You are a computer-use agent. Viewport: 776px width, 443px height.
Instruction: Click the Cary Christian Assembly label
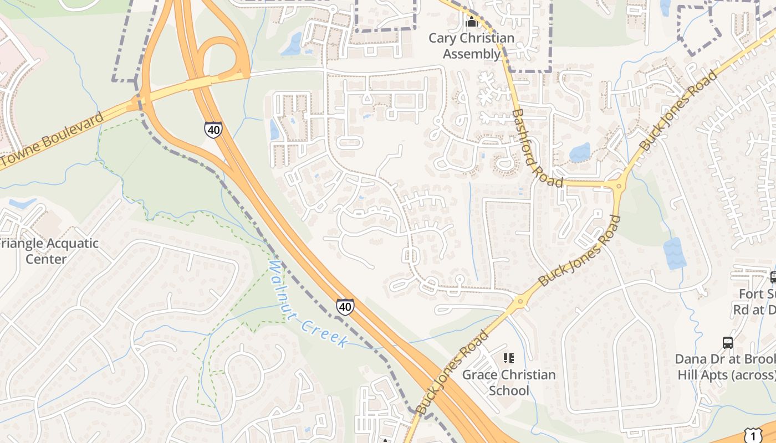(x=472, y=47)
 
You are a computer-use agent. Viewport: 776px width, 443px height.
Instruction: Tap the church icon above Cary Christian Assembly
(x=472, y=22)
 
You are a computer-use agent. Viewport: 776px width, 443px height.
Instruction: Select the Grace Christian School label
(x=509, y=383)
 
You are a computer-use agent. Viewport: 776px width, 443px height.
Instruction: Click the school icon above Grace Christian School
(x=508, y=358)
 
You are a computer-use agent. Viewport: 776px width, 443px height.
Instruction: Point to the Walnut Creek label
(x=308, y=304)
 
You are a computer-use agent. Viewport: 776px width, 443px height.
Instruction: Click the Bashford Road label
(x=537, y=147)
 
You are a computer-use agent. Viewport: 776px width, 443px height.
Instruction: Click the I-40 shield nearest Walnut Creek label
(x=345, y=306)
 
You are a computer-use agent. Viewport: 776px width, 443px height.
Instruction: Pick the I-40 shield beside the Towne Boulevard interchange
(x=212, y=129)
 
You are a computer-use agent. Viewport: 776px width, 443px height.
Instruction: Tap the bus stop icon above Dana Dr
(x=727, y=343)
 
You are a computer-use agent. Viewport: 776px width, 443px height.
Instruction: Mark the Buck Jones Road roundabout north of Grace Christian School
(x=520, y=302)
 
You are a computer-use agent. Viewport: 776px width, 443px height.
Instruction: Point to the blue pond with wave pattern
(x=675, y=253)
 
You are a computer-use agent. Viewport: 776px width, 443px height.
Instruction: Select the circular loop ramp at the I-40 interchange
(x=222, y=56)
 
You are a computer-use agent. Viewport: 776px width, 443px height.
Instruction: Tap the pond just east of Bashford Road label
(x=580, y=152)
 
